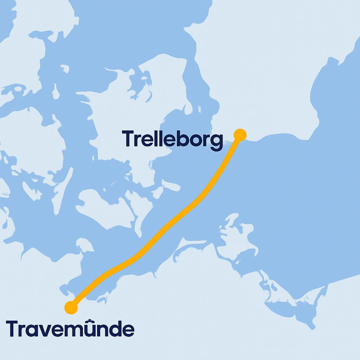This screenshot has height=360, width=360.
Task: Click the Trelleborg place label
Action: click(x=172, y=139)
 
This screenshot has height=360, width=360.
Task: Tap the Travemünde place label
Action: click(x=70, y=329)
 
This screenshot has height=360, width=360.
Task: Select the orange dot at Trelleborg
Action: click(x=240, y=135)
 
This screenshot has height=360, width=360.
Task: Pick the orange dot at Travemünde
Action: click(x=71, y=308)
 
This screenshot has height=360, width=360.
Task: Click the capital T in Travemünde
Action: click(x=13, y=328)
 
